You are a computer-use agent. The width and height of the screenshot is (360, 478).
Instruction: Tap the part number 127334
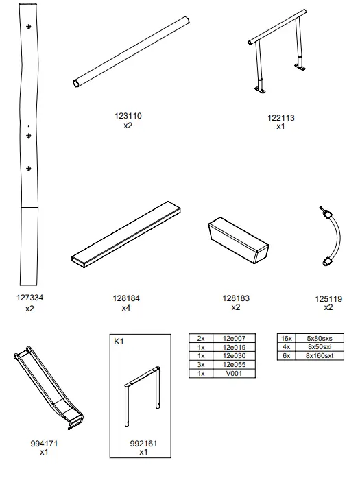pos(29,298)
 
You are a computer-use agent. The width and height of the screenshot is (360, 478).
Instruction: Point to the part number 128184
pos(126,298)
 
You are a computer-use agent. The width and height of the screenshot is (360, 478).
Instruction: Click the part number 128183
pos(235,298)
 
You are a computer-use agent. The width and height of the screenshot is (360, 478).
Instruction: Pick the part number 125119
pos(328,298)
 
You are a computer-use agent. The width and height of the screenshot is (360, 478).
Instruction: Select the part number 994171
pos(44,443)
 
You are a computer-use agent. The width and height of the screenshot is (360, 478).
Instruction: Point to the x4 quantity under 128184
pos(126,309)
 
